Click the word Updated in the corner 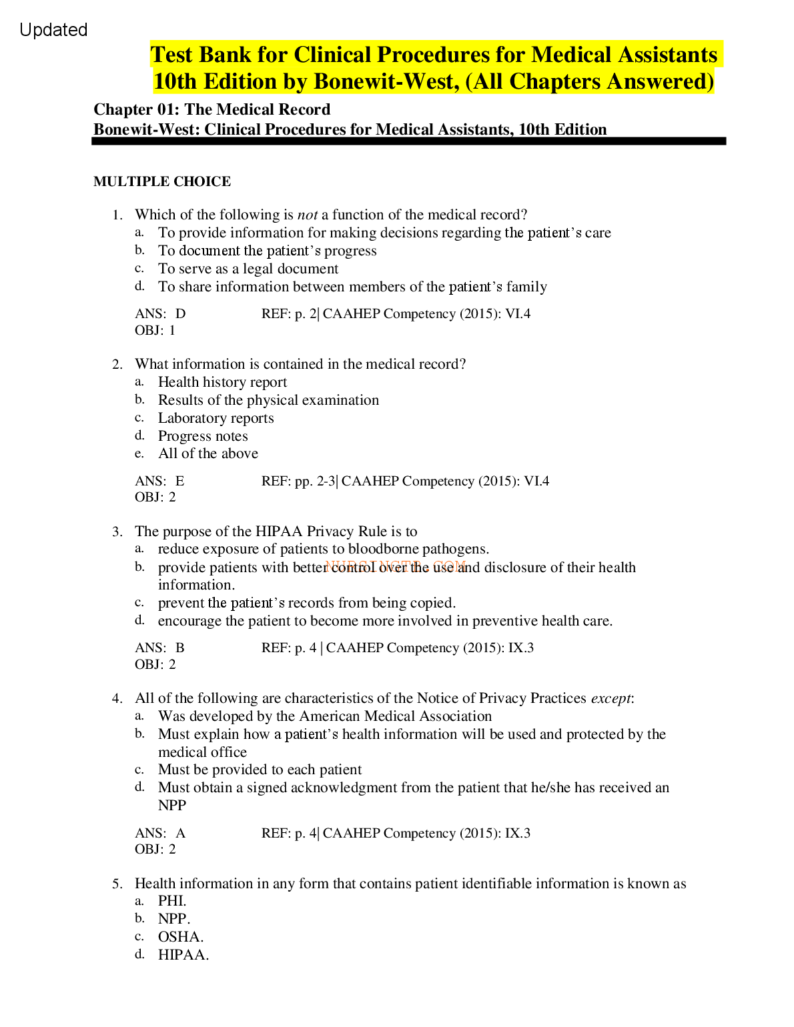[53, 30]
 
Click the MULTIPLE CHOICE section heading [162, 181]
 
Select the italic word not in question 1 [308, 215]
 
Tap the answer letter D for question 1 [181, 313]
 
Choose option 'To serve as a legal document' [248, 269]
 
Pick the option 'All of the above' [208, 453]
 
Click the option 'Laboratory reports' [216, 418]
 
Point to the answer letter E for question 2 [180, 481]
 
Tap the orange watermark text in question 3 [395, 566]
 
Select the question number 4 [117, 698]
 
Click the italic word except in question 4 [611, 698]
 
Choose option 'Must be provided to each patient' [260, 770]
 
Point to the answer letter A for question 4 [181, 833]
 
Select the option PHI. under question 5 [172, 901]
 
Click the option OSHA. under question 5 [181, 937]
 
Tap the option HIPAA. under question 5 [183, 955]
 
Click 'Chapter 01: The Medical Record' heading [212, 109]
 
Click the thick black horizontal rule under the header [408, 141]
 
